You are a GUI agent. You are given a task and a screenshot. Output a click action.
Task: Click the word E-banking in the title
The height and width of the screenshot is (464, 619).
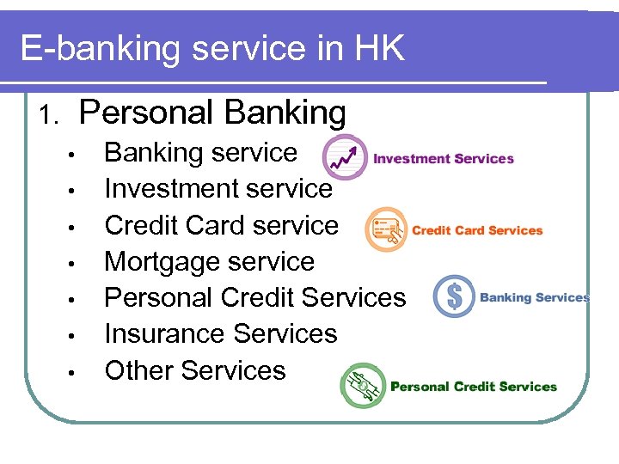pos(101,49)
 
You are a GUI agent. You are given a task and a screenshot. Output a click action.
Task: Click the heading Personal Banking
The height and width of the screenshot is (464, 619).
pos(212,113)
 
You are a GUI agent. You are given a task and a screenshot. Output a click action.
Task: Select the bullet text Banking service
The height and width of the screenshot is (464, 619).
pos(200,153)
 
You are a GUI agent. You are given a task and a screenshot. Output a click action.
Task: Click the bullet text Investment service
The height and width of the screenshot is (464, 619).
pos(218,188)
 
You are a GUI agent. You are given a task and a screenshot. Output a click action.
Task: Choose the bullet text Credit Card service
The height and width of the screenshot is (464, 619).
pos(222,225)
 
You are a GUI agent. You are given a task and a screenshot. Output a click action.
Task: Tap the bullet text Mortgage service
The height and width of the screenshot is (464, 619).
pos(210,261)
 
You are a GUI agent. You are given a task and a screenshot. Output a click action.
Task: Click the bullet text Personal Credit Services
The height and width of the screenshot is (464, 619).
pos(254,297)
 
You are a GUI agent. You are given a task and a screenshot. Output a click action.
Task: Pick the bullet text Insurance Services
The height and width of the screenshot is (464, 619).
pos(221,333)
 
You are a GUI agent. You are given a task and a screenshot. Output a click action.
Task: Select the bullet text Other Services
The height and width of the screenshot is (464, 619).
pos(195,370)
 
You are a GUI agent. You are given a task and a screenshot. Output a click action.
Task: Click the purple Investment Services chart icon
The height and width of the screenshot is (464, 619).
pos(344,158)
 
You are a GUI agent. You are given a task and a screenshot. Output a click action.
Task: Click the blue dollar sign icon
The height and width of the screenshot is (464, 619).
pos(454,296)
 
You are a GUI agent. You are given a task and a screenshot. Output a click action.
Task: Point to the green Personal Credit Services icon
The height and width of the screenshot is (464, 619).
pos(362,385)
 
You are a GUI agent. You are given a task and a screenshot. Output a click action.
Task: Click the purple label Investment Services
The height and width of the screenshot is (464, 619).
pos(444,158)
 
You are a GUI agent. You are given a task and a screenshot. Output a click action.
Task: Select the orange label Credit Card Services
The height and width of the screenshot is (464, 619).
pos(477,230)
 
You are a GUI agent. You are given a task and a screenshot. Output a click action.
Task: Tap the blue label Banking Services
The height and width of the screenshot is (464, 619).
pos(534,297)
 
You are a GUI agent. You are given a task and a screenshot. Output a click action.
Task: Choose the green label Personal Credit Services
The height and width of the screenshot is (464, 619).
pos(474,387)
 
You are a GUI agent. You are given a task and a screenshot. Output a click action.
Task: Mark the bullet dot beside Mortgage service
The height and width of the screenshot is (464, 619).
pos(75,263)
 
